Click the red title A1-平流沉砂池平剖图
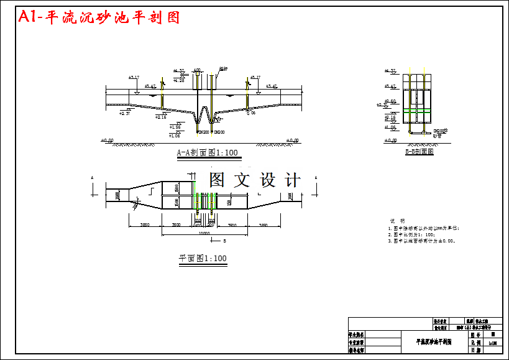point(99,17)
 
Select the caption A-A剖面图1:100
point(207,152)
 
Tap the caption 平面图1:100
point(203,258)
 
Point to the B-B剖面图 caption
point(419,151)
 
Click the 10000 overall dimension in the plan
point(204,233)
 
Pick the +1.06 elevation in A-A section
point(175,135)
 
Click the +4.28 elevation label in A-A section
point(178,80)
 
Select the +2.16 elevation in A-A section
point(160,116)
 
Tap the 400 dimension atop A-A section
point(197,70)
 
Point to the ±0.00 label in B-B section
point(390,141)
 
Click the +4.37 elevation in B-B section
point(390,72)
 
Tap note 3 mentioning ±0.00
point(422,241)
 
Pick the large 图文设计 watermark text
point(255,180)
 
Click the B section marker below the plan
point(224,239)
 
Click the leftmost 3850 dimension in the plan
point(144,225)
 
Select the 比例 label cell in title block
point(476,342)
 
